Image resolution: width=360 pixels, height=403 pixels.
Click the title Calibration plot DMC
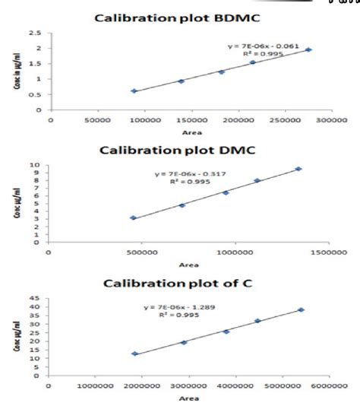pyautogui.click(x=179, y=150)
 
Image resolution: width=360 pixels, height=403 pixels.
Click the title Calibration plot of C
pyautogui.click(x=179, y=284)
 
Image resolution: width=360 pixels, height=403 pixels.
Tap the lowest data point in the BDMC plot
pyautogui.click(x=134, y=90)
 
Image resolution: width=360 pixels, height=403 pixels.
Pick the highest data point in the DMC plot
pyautogui.click(x=298, y=169)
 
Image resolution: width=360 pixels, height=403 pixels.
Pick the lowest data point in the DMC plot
pyautogui.click(x=134, y=218)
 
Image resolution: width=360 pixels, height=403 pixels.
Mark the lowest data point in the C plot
pyautogui.click(x=135, y=354)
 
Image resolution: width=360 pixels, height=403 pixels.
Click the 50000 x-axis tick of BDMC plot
pyautogui.click(x=96, y=120)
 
